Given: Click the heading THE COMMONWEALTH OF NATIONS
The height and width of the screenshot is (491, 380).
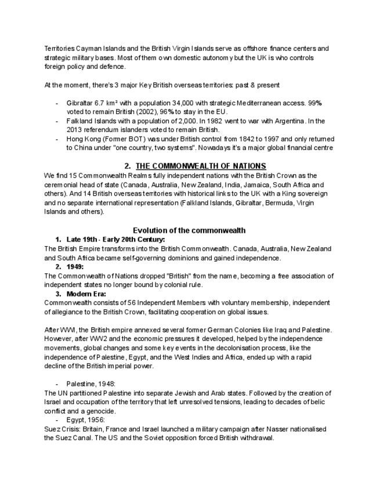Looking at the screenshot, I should pyautogui.click(x=201, y=166).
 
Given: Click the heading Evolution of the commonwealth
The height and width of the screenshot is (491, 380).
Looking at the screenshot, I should pyautogui.click(x=189, y=230).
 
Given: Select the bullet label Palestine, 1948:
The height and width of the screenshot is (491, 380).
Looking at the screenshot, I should pyautogui.click(x=91, y=384).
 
